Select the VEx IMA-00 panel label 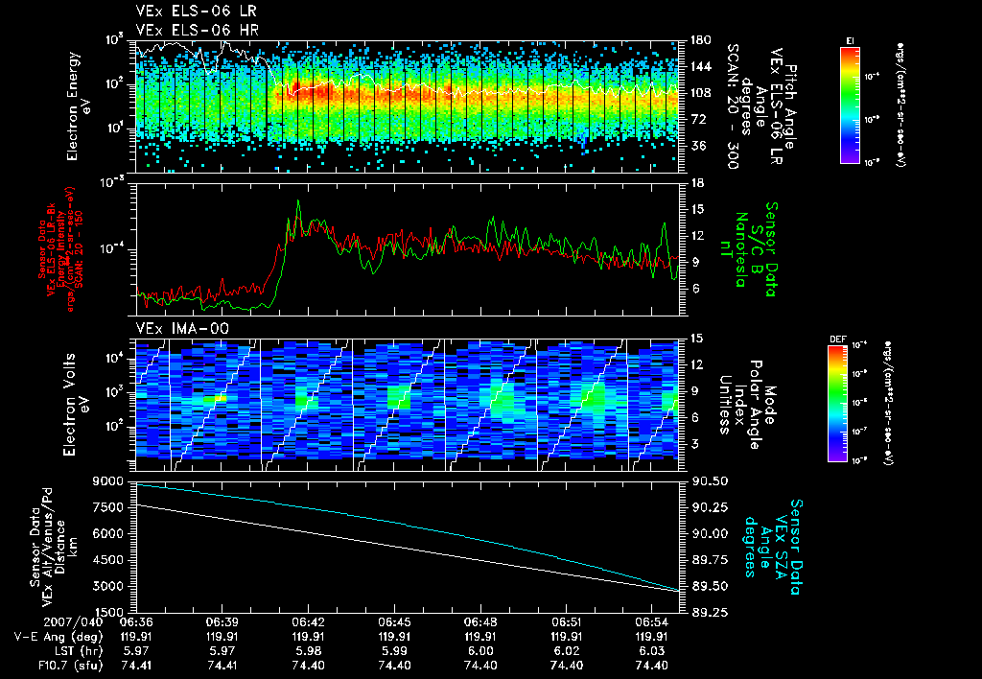(174, 328)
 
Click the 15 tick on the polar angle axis (695, 339)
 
